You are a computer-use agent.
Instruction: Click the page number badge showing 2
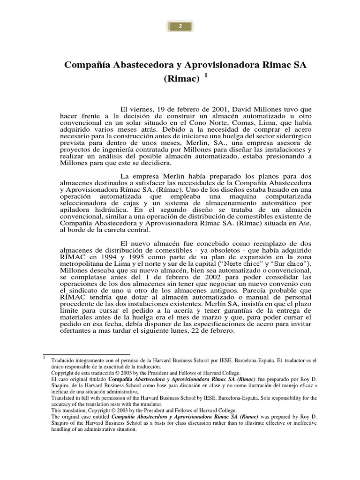tap(180, 27)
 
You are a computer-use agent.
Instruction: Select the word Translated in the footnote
tap(64, 397)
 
